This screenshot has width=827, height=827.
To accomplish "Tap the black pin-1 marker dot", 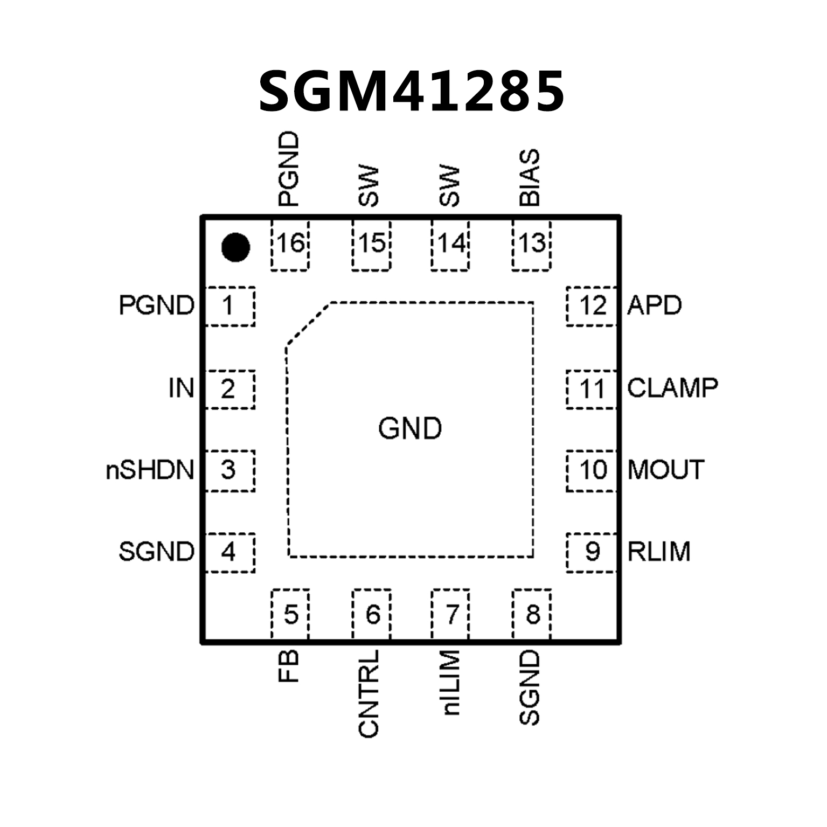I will coord(235,247).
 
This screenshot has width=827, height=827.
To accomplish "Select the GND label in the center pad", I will coord(410,429).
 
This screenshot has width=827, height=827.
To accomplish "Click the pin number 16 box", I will coord(290,244).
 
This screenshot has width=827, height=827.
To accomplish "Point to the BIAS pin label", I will coord(529,178).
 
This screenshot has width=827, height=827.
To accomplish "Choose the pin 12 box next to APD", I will coord(592,306).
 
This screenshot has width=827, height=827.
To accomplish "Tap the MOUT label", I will coord(666,470).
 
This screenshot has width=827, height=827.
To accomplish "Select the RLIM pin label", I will coord(659,552).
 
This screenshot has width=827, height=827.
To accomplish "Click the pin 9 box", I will coord(592,552).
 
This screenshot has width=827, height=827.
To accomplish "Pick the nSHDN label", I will coord(150,470).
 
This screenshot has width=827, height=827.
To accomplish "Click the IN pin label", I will coord(181,388).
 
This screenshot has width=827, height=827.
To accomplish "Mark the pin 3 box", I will coord(230,470).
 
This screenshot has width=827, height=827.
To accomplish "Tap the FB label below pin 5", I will coord(289,666).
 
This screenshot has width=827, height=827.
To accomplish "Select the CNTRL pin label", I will coord(369,693).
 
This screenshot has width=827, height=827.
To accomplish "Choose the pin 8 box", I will coord(532,614).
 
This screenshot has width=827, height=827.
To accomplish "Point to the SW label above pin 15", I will coord(369,186).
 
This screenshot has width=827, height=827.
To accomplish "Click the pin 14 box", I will coord(450,244).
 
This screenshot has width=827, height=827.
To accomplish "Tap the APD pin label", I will coord(655,306).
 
